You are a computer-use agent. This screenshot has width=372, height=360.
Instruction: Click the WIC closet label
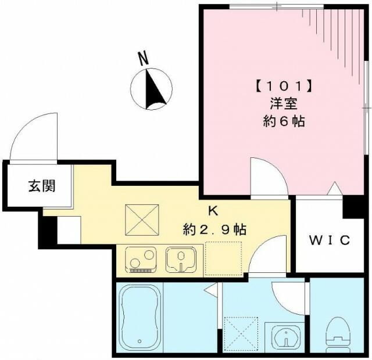click(x=328, y=239)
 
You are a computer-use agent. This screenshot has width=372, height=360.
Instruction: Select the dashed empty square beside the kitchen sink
click(x=222, y=258)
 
